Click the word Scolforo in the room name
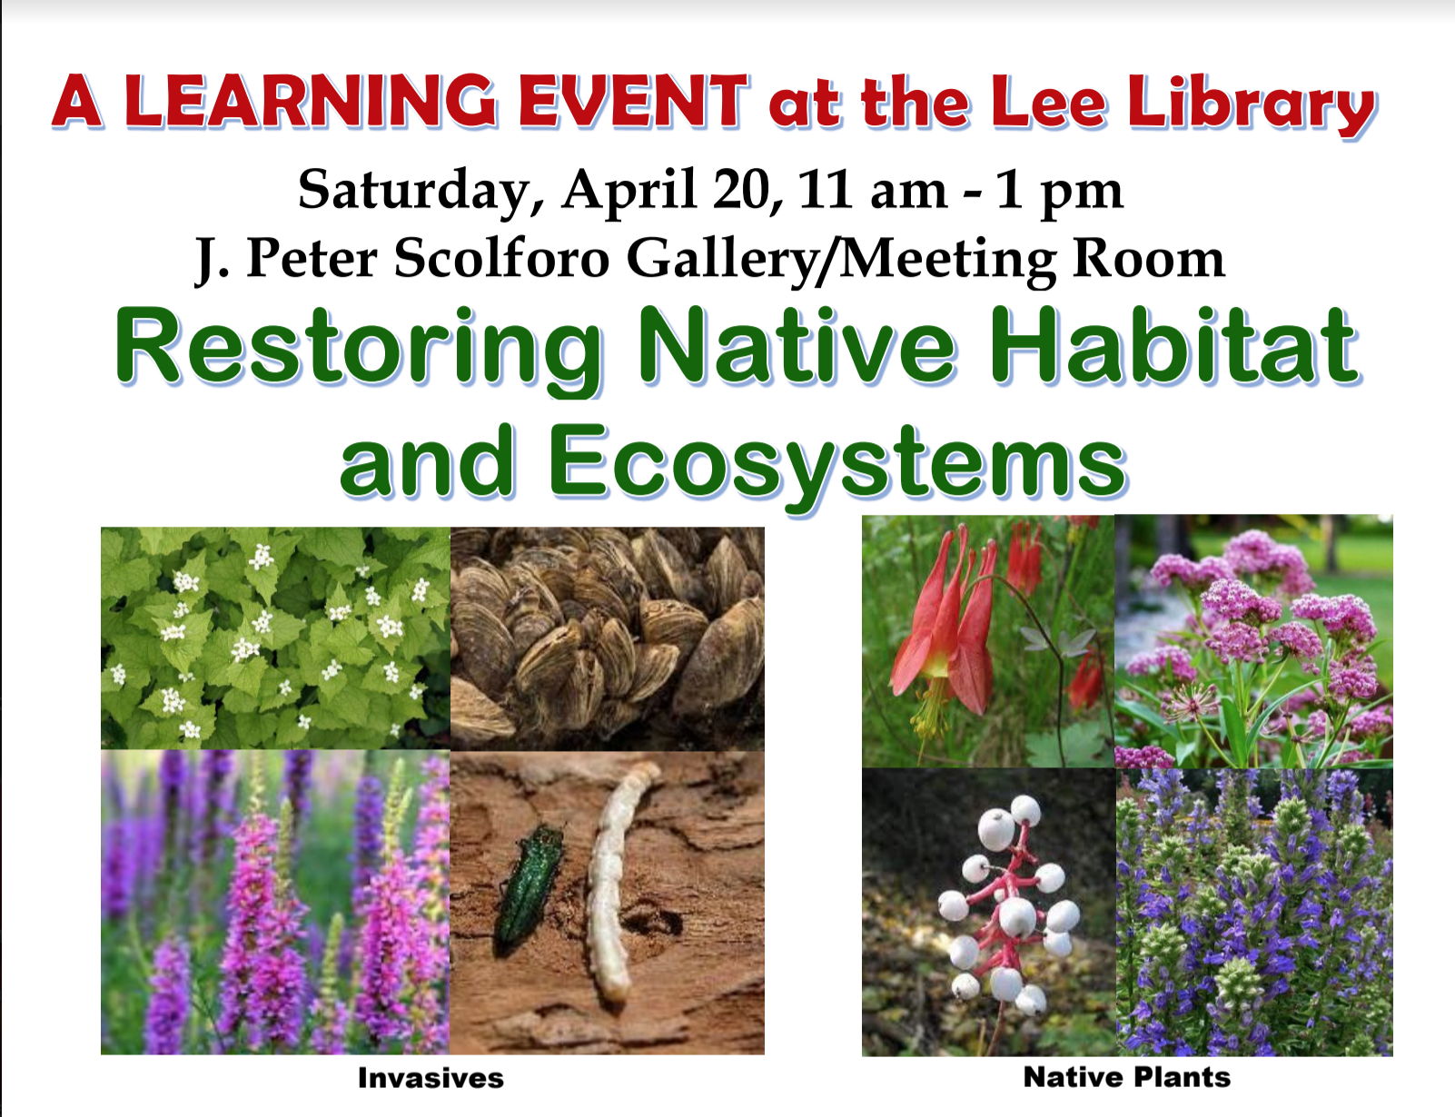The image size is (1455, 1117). tap(501, 258)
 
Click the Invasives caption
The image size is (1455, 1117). tap(431, 1078)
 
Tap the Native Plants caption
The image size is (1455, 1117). tap(1127, 1077)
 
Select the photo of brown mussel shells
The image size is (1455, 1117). tap(608, 638)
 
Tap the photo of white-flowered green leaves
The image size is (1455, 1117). tap(275, 638)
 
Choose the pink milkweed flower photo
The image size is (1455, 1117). tap(1253, 641)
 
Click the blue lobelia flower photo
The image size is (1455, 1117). tap(1254, 912)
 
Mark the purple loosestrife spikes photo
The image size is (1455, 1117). tap(275, 902)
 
